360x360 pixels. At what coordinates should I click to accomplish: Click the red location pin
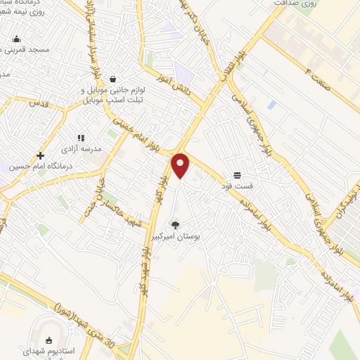tap(181, 165)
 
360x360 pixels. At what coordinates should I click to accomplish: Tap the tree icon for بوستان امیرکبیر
tap(175, 226)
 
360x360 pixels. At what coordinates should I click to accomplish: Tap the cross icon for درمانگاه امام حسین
tap(40, 155)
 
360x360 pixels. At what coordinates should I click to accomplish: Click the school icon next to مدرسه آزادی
tap(81, 138)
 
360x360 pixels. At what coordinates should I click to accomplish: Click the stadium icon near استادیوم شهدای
tap(49, 340)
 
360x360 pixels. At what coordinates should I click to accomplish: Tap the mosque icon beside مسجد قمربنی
tap(16, 39)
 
